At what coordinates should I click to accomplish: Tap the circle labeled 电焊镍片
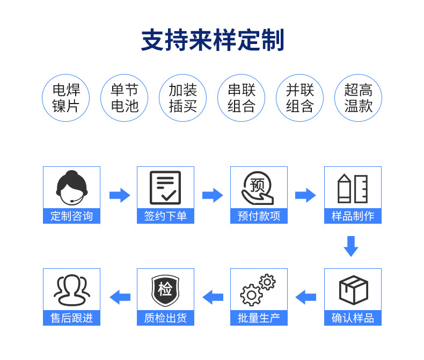click(x=65, y=98)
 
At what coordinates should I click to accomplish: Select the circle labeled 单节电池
click(x=124, y=98)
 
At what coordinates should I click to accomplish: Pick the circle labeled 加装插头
click(x=183, y=98)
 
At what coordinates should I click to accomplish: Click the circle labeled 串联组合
click(x=242, y=98)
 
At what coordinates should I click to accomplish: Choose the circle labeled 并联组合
click(x=300, y=98)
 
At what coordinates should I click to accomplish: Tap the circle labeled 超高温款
click(x=358, y=98)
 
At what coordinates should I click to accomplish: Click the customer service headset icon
click(x=71, y=187)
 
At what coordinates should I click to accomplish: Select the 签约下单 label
click(x=165, y=216)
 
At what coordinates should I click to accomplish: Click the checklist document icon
click(x=165, y=187)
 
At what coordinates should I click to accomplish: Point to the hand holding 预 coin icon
click(x=258, y=188)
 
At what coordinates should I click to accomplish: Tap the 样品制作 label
click(x=353, y=216)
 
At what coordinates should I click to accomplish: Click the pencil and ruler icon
click(x=353, y=188)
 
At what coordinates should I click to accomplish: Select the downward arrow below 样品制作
click(x=351, y=246)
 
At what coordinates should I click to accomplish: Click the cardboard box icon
click(x=353, y=289)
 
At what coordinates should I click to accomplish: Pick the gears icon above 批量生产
click(x=258, y=290)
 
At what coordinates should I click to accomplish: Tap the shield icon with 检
click(x=165, y=290)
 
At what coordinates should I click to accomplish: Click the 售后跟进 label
click(x=71, y=318)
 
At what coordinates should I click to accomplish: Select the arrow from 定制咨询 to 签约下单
click(x=119, y=195)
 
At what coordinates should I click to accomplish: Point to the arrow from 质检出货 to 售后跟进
click(x=120, y=297)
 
